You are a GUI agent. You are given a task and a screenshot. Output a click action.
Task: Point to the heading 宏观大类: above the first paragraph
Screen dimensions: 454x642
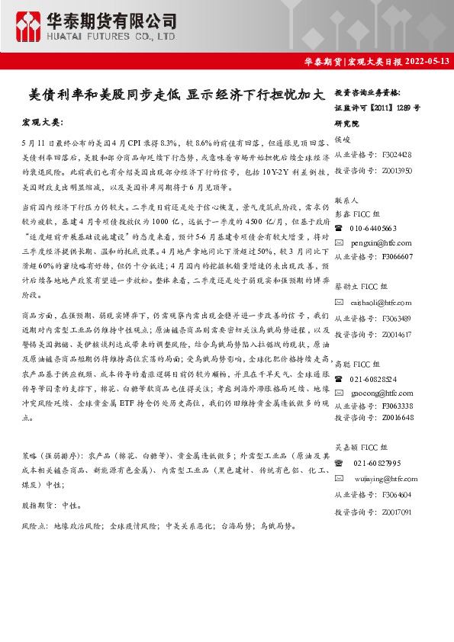click(x=43, y=123)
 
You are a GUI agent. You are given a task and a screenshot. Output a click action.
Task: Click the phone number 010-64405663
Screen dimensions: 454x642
click(x=373, y=228)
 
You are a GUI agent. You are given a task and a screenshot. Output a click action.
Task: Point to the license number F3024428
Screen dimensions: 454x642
click(x=397, y=153)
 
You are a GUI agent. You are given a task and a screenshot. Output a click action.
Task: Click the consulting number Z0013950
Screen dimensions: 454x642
click(x=397, y=171)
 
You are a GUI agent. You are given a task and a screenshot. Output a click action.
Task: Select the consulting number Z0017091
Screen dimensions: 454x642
click(x=397, y=512)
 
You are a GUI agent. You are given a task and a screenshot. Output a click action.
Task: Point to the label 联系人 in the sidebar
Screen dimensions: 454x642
click(x=345, y=199)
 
